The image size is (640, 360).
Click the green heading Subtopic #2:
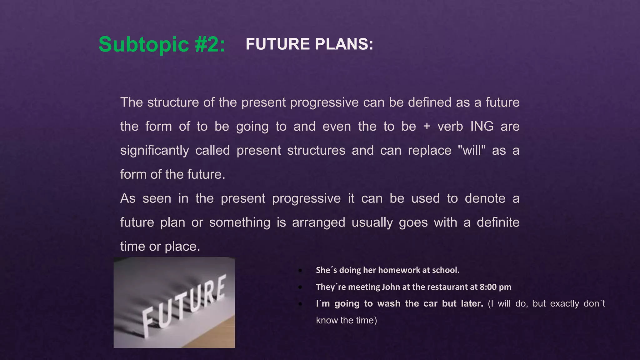click(x=162, y=44)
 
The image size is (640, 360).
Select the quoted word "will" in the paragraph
click(x=472, y=150)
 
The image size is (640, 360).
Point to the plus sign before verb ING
click(x=427, y=127)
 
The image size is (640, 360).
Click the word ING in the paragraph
click(x=482, y=127)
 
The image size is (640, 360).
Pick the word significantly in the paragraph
click(x=154, y=151)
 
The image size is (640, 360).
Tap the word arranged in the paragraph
click(x=318, y=222)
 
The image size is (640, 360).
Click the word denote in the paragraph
click(x=485, y=198)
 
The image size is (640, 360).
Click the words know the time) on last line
click(x=346, y=320)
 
